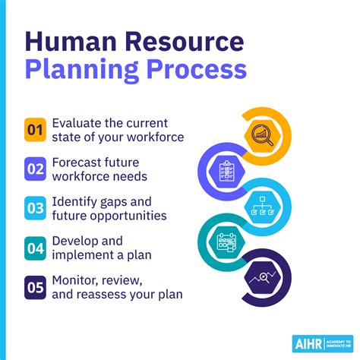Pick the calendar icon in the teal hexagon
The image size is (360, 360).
pyautogui.click(x=226, y=242)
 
